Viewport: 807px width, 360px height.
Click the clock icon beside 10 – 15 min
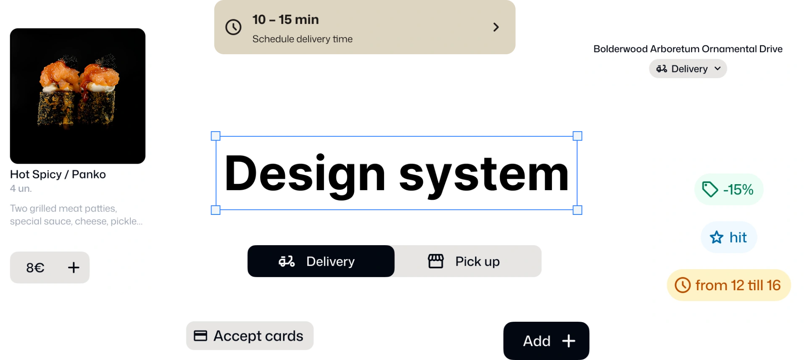coord(233,27)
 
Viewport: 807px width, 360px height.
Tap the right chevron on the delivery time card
coord(496,27)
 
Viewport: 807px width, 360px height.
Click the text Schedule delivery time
coord(302,39)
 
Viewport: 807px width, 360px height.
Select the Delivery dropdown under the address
coord(688,69)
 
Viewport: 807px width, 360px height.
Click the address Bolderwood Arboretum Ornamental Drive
coord(688,49)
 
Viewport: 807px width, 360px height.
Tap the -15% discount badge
coord(728,189)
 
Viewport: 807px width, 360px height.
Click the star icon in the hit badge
coord(716,238)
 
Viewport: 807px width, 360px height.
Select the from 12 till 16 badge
coord(728,285)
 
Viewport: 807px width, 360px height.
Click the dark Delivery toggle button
coord(320,261)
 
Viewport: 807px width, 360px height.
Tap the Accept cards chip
coord(250,336)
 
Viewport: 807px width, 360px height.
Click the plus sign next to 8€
coord(74,267)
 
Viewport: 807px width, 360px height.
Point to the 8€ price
coord(35,267)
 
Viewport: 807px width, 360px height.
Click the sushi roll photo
coord(78,96)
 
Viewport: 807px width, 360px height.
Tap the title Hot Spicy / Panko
coord(58,174)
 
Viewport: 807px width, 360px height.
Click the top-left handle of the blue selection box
coord(215,136)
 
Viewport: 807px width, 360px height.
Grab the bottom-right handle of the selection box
coord(578,210)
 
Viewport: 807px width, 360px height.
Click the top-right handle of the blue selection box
coord(578,136)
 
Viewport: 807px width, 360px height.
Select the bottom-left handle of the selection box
coord(215,210)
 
